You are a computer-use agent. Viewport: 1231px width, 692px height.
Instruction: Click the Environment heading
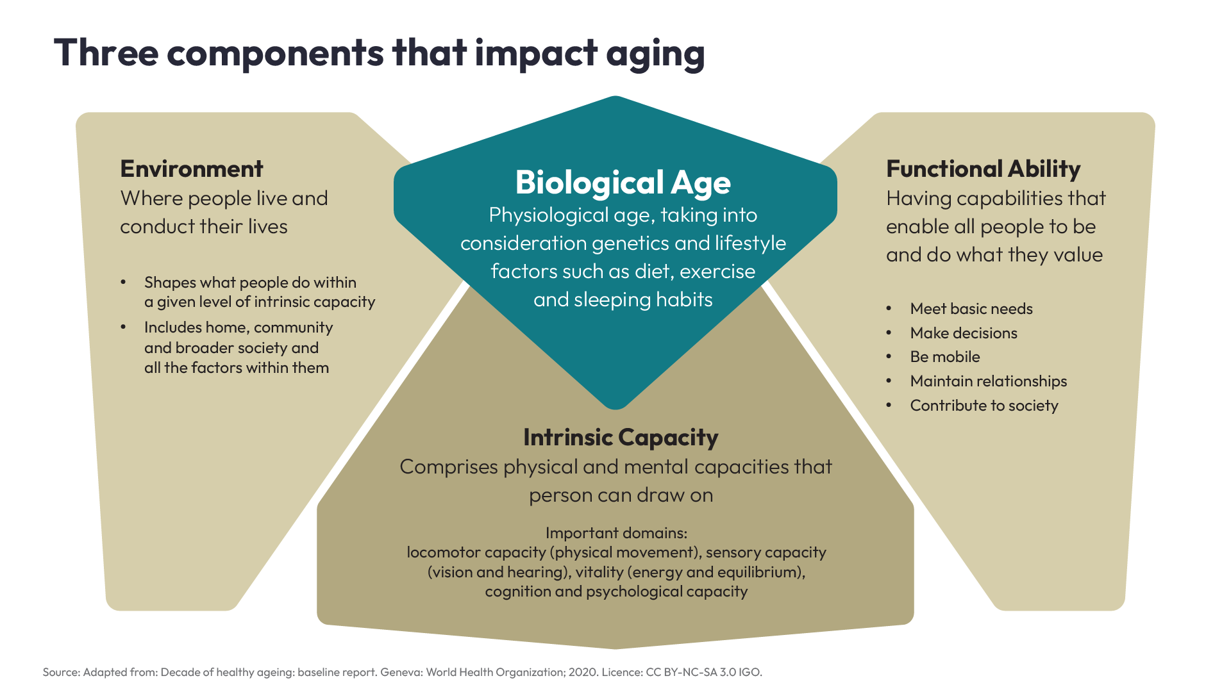191,169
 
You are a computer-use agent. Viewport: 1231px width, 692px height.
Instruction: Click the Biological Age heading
623,183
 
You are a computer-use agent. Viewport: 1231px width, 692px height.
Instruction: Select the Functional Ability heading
983,169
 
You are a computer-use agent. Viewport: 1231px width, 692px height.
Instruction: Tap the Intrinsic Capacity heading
620,438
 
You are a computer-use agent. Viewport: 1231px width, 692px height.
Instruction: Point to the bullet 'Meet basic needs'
971,309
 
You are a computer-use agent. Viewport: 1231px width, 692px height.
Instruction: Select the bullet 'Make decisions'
963,333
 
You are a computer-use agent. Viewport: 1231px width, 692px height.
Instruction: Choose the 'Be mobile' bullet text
944,357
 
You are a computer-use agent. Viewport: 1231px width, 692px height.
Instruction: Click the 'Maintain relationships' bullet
988,381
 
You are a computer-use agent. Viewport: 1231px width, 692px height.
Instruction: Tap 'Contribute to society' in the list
984,406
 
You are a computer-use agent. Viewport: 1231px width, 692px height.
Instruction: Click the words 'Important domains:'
615,533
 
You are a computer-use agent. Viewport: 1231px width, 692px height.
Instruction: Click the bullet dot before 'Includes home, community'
123,327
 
